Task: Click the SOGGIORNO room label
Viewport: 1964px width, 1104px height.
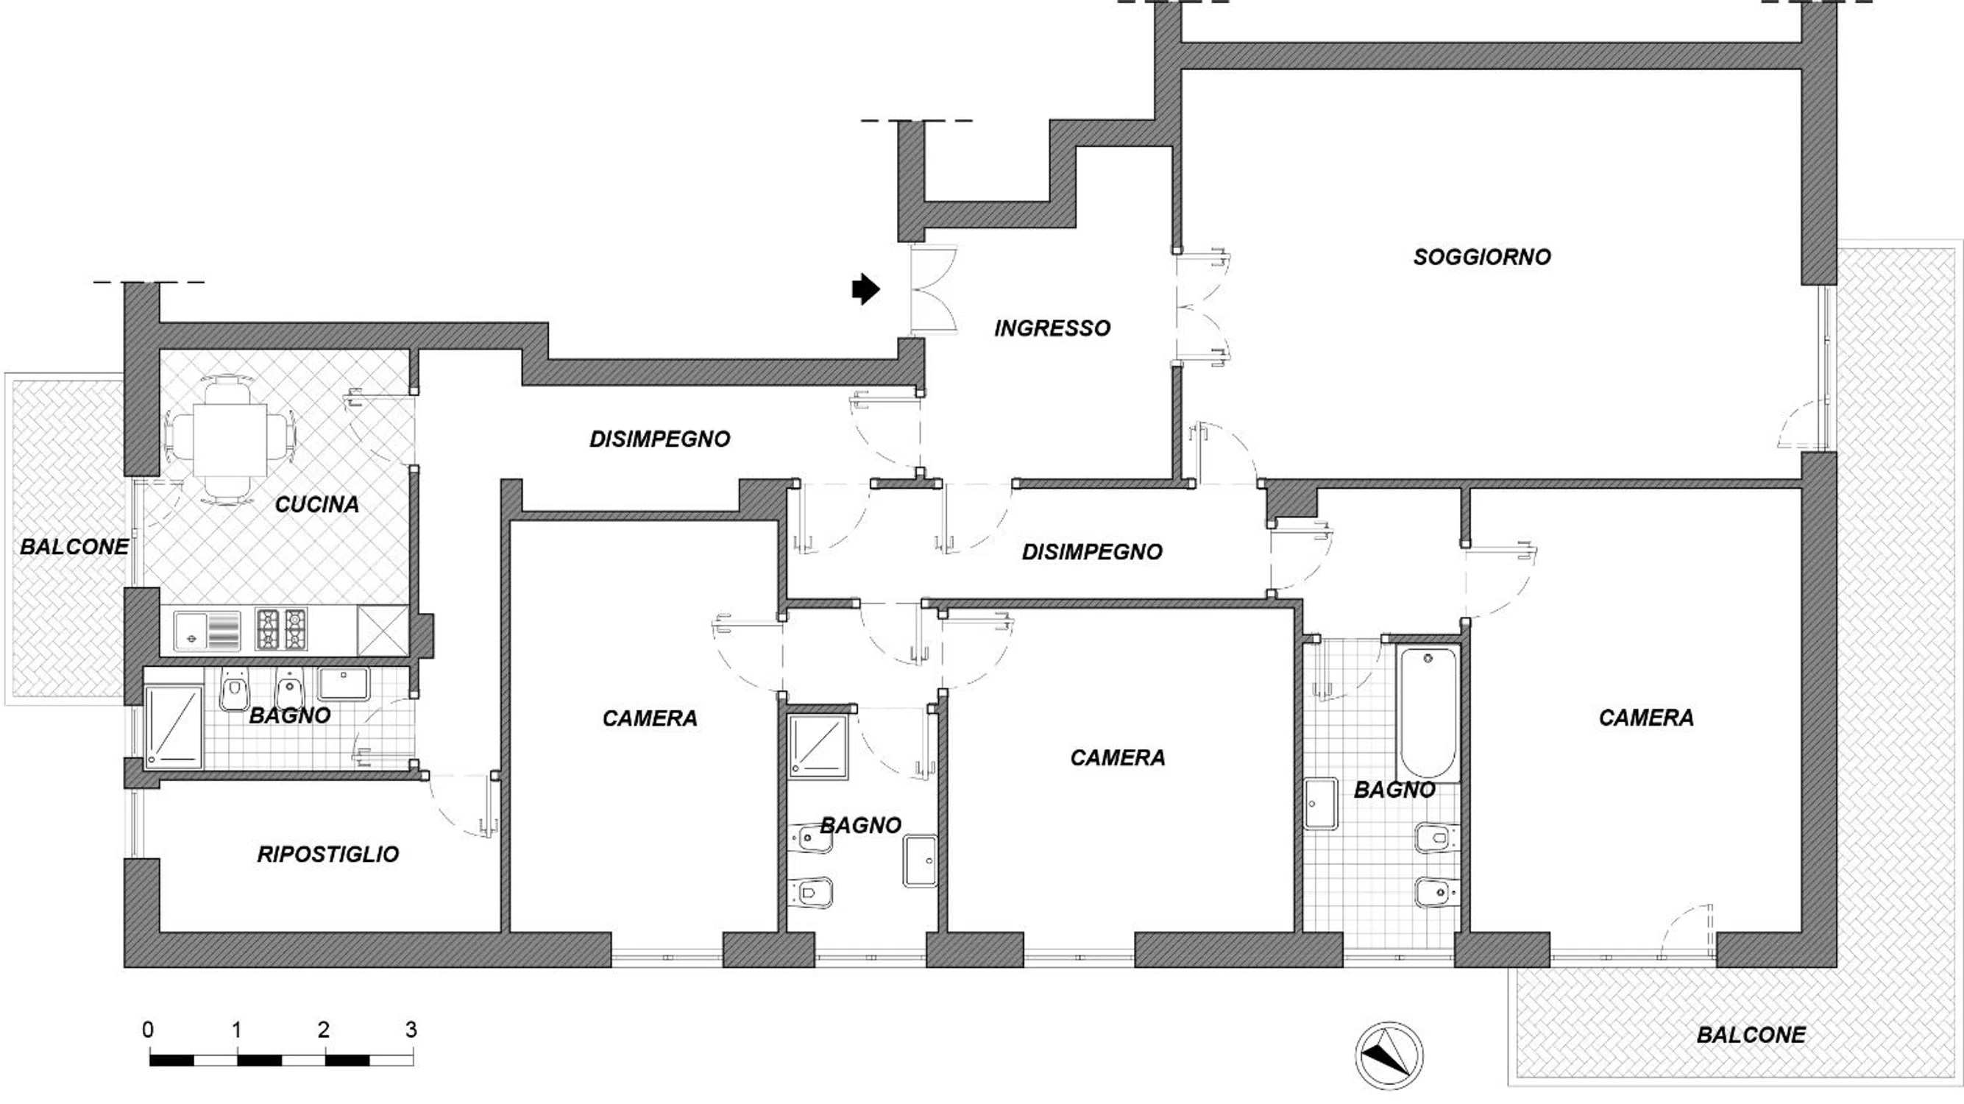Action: [x=1482, y=257]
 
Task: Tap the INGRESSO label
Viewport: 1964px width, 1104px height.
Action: [x=1052, y=328]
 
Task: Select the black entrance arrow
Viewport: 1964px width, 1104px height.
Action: [x=866, y=289]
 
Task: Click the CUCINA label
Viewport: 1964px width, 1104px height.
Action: [x=316, y=504]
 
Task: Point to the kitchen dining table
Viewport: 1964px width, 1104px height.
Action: [x=230, y=440]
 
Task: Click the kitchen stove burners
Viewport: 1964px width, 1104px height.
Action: [x=280, y=629]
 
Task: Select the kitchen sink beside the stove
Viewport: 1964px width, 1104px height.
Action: [x=207, y=631]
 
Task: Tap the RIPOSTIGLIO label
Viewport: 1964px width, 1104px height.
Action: [x=328, y=854]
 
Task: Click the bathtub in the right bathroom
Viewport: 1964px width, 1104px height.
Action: [x=1428, y=714]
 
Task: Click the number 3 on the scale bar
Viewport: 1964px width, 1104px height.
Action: [x=411, y=1030]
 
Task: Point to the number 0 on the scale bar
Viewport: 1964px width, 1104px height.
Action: [x=148, y=1030]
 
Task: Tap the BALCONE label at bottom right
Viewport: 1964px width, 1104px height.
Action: [x=1751, y=1035]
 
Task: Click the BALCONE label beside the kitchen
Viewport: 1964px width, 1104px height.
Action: [x=74, y=547]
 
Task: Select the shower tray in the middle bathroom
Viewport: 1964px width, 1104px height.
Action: [x=818, y=746]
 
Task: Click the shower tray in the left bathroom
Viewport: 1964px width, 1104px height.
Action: [x=174, y=726]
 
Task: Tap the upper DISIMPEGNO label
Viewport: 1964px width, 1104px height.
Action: [x=660, y=439]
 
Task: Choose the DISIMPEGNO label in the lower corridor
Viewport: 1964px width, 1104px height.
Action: [x=1092, y=552]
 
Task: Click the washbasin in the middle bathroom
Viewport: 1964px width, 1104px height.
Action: [x=921, y=862]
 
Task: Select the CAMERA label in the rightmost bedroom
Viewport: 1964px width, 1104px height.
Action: [x=1646, y=718]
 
